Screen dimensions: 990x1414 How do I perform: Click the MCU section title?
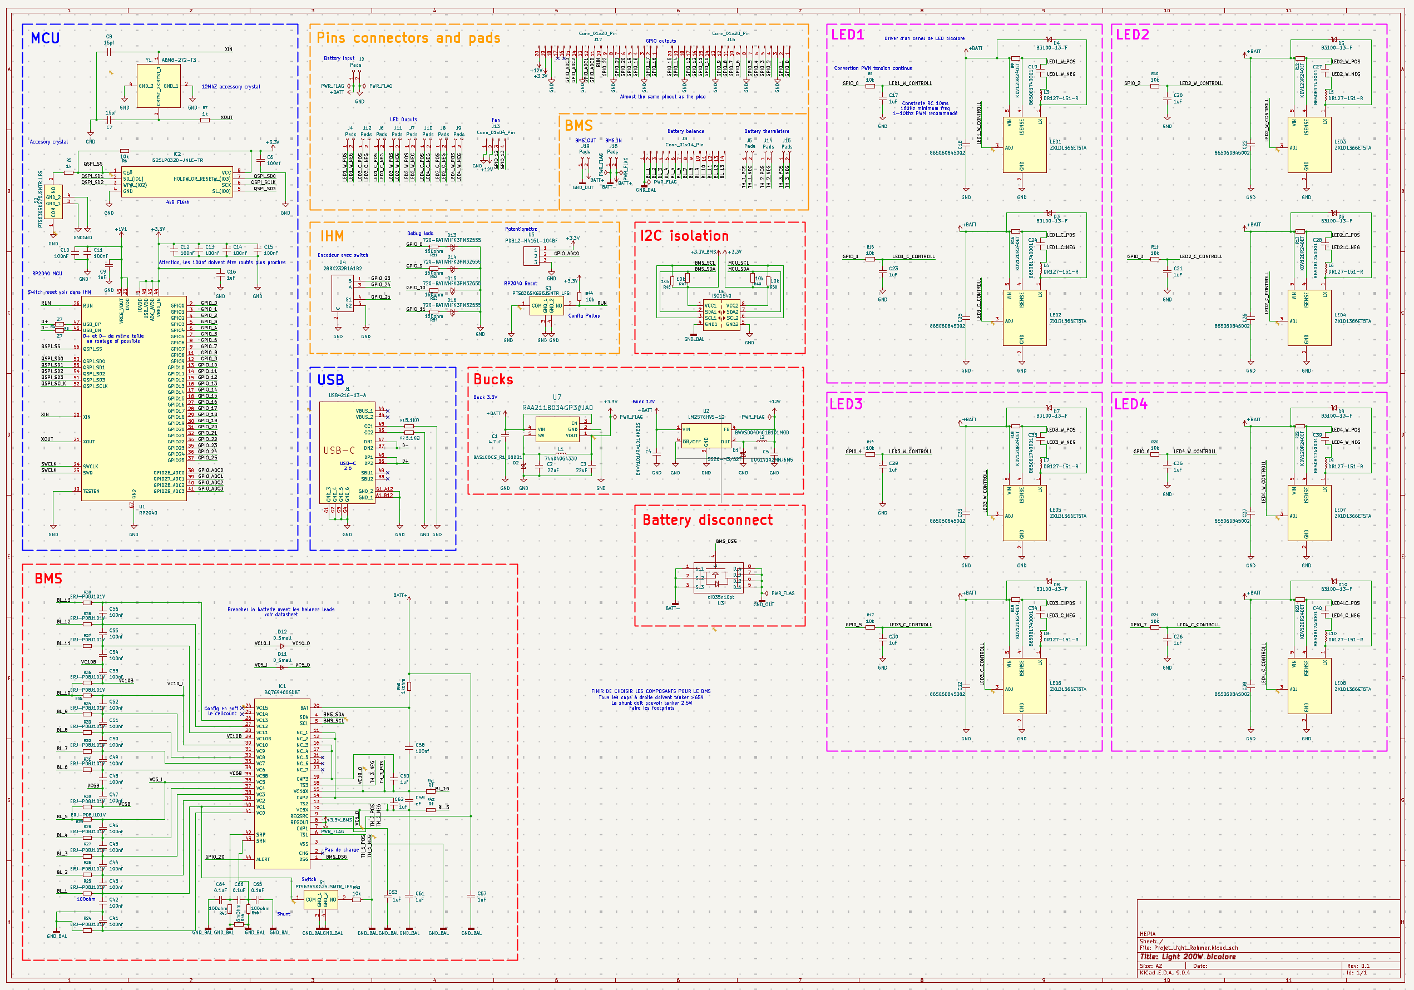tap(45, 38)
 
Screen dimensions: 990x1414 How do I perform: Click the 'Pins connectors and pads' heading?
tap(408, 38)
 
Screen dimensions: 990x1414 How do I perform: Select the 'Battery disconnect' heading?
tap(707, 520)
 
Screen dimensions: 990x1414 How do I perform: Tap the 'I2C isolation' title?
tap(684, 236)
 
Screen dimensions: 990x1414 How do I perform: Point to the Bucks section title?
tap(493, 379)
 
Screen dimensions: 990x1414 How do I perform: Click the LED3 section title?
tap(846, 404)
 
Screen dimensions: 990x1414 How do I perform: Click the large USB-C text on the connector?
tap(339, 450)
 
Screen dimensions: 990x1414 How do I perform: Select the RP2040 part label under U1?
tap(148, 513)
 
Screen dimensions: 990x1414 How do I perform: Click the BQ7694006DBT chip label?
tap(282, 692)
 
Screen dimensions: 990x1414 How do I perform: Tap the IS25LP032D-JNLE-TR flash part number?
tap(177, 160)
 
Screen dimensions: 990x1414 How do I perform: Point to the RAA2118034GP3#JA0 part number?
tap(557, 408)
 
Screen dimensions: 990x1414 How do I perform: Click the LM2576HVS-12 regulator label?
tap(706, 417)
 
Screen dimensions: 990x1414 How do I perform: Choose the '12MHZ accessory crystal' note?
tap(230, 87)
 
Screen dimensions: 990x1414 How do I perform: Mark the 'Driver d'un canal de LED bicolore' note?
tap(924, 38)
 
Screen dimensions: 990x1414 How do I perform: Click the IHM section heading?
tap(332, 236)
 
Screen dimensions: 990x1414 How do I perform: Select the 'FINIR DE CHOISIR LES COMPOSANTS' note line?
tap(650, 691)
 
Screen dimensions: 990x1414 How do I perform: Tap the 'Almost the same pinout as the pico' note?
tap(662, 97)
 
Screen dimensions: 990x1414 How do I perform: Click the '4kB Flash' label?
tap(177, 202)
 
